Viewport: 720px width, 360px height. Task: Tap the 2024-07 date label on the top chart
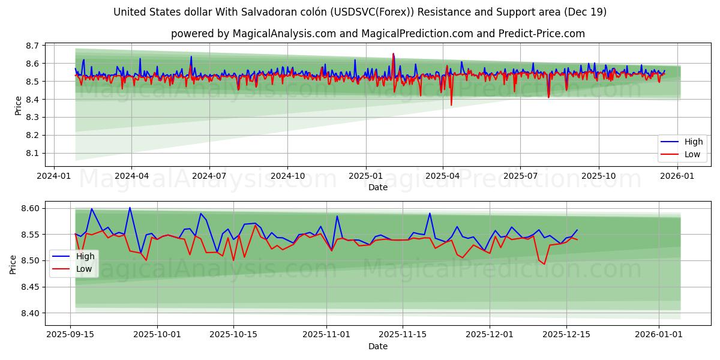[x=209, y=176]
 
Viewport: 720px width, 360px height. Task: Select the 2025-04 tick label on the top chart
[x=443, y=176]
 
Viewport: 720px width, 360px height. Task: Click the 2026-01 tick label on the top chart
[x=677, y=176]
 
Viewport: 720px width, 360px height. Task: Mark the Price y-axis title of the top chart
[x=18, y=106]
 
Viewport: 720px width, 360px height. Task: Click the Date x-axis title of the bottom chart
[x=378, y=346]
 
